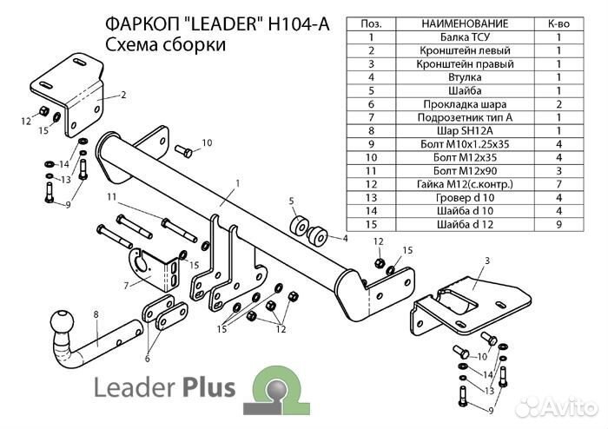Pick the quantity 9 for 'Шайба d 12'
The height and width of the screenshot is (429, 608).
pyautogui.click(x=558, y=224)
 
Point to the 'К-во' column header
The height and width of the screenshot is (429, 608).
pyautogui.click(x=558, y=23)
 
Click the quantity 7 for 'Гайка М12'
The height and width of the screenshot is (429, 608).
pyautogui.click(x=558, y=184)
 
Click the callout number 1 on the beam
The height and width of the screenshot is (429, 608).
pyautogui.click(x=235, y=183)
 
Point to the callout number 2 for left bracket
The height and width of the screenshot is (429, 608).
pyautogui.click(x=123, y=95)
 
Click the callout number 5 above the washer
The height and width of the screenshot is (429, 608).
pyautogui.click(x=292, y=201)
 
